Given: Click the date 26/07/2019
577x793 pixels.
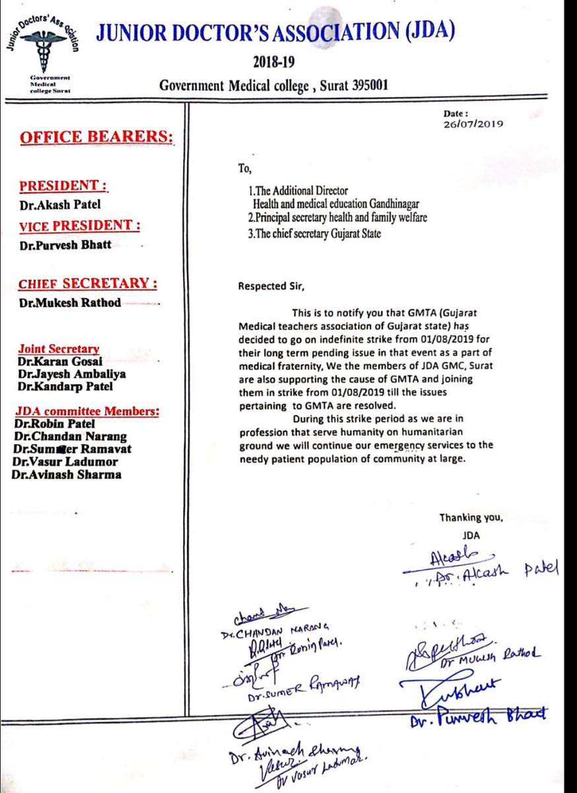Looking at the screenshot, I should coord(475,123).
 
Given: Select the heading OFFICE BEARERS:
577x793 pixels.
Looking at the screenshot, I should coord(97,137).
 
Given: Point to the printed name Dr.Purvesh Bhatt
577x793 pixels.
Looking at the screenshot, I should coord(65,244).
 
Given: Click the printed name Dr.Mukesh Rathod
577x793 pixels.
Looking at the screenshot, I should coord(69,302).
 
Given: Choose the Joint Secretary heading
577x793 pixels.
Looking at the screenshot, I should coord(59,349).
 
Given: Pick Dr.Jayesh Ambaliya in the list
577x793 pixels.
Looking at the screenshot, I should coord(72,374).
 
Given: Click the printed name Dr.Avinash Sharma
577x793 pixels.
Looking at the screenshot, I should coord(67,474).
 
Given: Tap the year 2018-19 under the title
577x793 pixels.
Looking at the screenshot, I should coord(273,63).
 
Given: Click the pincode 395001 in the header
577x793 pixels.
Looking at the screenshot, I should coord(366,85).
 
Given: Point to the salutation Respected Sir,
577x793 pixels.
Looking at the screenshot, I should coord(273,286).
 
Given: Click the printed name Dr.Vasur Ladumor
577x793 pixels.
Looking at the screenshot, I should coord(63,462).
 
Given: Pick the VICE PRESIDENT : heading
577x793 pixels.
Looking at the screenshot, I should coord(79,225).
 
